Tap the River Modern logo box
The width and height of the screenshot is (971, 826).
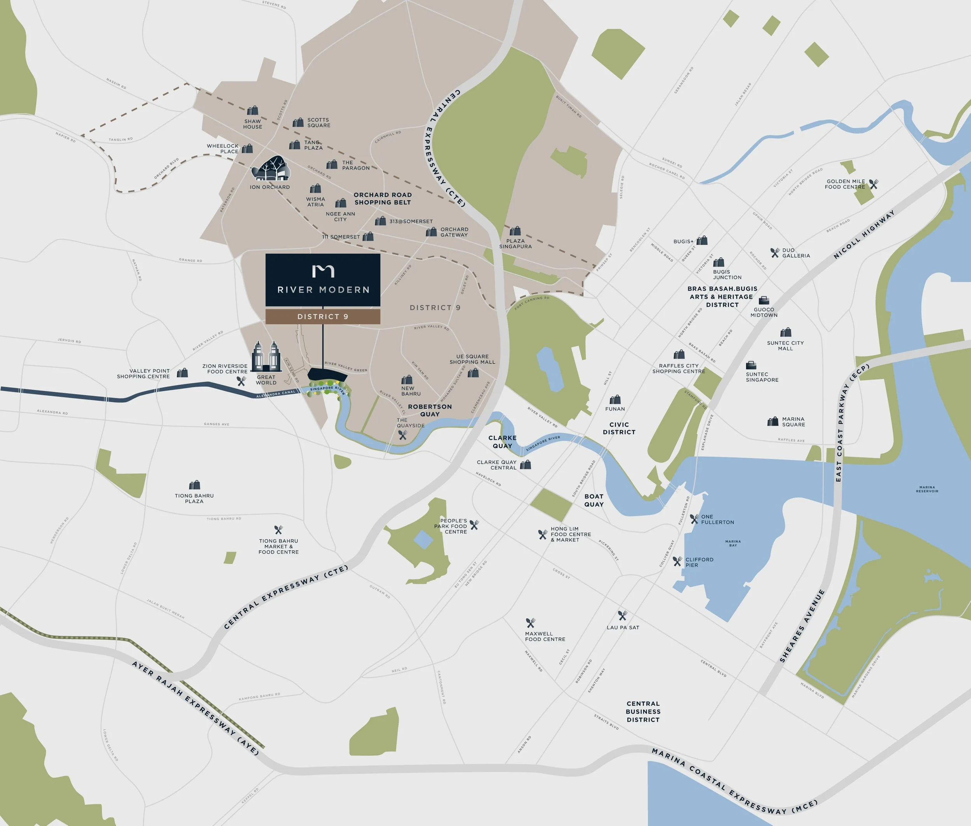(x=323, y=279)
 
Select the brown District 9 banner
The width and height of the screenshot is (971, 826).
(x=323, y=316)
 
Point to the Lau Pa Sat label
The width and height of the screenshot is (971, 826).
(x=623, y=627)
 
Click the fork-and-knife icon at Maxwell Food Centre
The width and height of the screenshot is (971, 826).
(x=530, y=623)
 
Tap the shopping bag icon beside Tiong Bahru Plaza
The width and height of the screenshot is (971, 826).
(x=194, y=485)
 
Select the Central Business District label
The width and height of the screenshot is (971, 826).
(x=643, y=712)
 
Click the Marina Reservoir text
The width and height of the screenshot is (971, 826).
(x=927, y=489)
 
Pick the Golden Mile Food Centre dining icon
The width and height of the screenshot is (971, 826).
(x=873, y=184)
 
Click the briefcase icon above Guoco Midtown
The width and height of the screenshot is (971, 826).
(x=764, y=300)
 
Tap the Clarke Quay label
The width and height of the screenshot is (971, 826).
(x=502, y=442)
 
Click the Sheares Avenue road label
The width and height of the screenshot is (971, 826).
(x=802, y=627)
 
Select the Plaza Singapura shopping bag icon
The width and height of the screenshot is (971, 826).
(x=515, y=231)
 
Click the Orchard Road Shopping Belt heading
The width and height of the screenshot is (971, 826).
(x=383, y=199)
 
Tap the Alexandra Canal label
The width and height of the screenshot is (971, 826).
(x=276, y=394)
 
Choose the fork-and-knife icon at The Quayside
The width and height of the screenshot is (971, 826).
(x=402, y=435)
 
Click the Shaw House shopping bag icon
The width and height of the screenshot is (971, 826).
(x=253, y=110)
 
